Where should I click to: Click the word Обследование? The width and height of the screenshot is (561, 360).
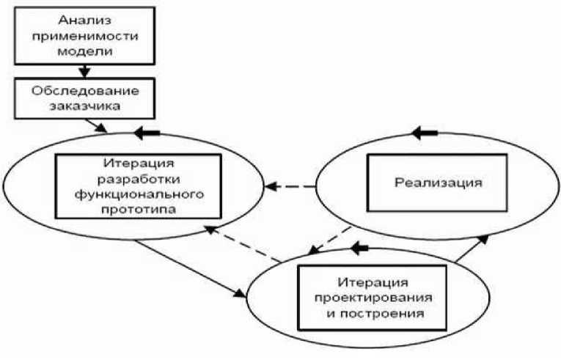[86, 92]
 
